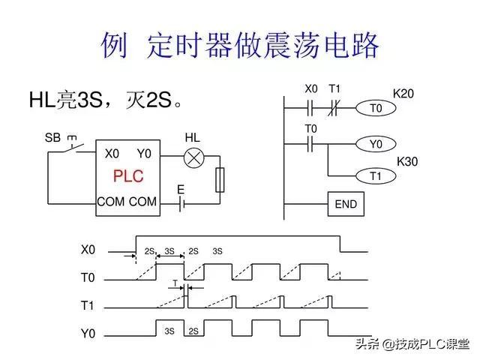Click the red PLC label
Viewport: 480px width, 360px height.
pyautogui.click(x=128, y=176)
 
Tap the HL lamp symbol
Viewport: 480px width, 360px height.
pyautogui.click(x=193, y=158)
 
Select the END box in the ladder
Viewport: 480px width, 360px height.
pyautogui.click(x=346, y=204)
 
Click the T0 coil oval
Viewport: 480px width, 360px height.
pyautogui.click(x=376, y=108)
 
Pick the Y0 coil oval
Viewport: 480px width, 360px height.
pyautogui.click(x=376, y=144)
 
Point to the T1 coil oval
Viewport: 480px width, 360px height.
pyautogui.click(x=376, y=176)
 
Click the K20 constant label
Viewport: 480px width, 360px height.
pyautogui.click(x=403, y=94)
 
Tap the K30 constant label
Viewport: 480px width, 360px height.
pyautogui.click(x=407, y=162)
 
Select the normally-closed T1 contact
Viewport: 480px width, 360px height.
pyautogui.click(x=333, y=108)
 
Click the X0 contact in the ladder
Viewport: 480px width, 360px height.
pyautogui.click(x=310, y=108)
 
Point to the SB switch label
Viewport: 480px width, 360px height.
pyautogui.click(x=52, y=138)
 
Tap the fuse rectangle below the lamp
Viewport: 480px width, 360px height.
pyautogui.click(x=220, y=180)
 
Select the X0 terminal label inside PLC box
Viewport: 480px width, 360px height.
pyautogui.click(x=112, y=154)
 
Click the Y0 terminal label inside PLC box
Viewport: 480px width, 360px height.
pyautogui.click(x=144, y=154)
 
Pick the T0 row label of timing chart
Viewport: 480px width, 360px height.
pyautogui.click(x=88, y=277)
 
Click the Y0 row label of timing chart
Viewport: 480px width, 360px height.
pyautogui.click(x=88, y=333)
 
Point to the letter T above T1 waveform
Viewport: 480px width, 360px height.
pyautogui.click(x=175, y=283)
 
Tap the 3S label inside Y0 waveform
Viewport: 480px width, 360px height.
pyautogui.click(x=169, y=331)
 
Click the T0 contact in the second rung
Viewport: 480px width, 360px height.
pyautogui.click(x=310, y=144)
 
